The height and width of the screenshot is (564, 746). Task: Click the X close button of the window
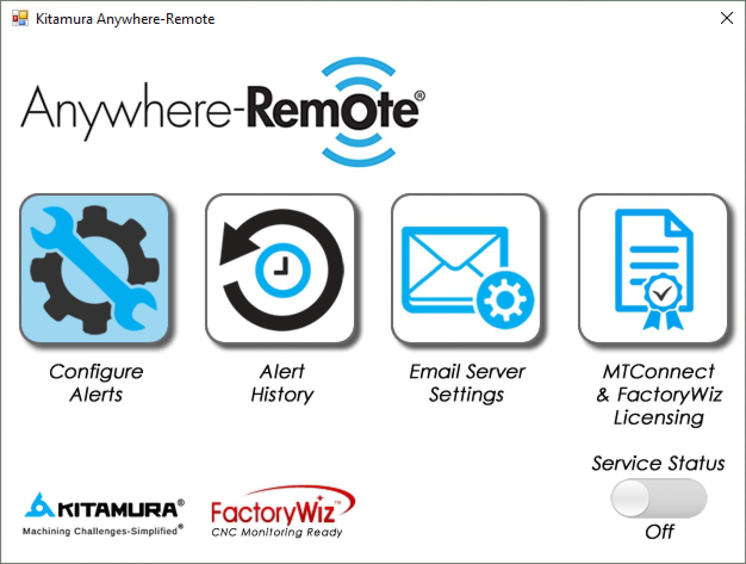pyautogui.click(x=727, y=18)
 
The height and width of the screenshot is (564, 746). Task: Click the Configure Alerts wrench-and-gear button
pyautogui.click(x=94, y=269)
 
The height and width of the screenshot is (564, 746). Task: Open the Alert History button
pyautogui.click(x=280, y=269)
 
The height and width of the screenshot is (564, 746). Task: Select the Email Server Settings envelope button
pyautogui.click(x=466, y=269)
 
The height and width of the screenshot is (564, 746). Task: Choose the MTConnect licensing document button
pyautogui.click(x=653, y=269)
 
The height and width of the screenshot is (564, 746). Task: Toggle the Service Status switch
pyautogui.click(x=659, y=499)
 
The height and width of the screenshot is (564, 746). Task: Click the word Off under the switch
pyautogui.click(x=659, y=532)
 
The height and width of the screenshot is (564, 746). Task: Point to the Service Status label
pyautogui.click(x=658, y=464)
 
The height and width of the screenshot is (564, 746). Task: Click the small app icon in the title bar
pyautogui.click(x=20, y=18)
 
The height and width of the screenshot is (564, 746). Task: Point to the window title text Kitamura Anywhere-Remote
pyautogui.click(x=125, y=19)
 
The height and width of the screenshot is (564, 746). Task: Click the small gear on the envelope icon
pyautogui.click(x=505, y=299)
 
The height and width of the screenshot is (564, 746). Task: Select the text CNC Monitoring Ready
pyautogui.click(x=276, y=532)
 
